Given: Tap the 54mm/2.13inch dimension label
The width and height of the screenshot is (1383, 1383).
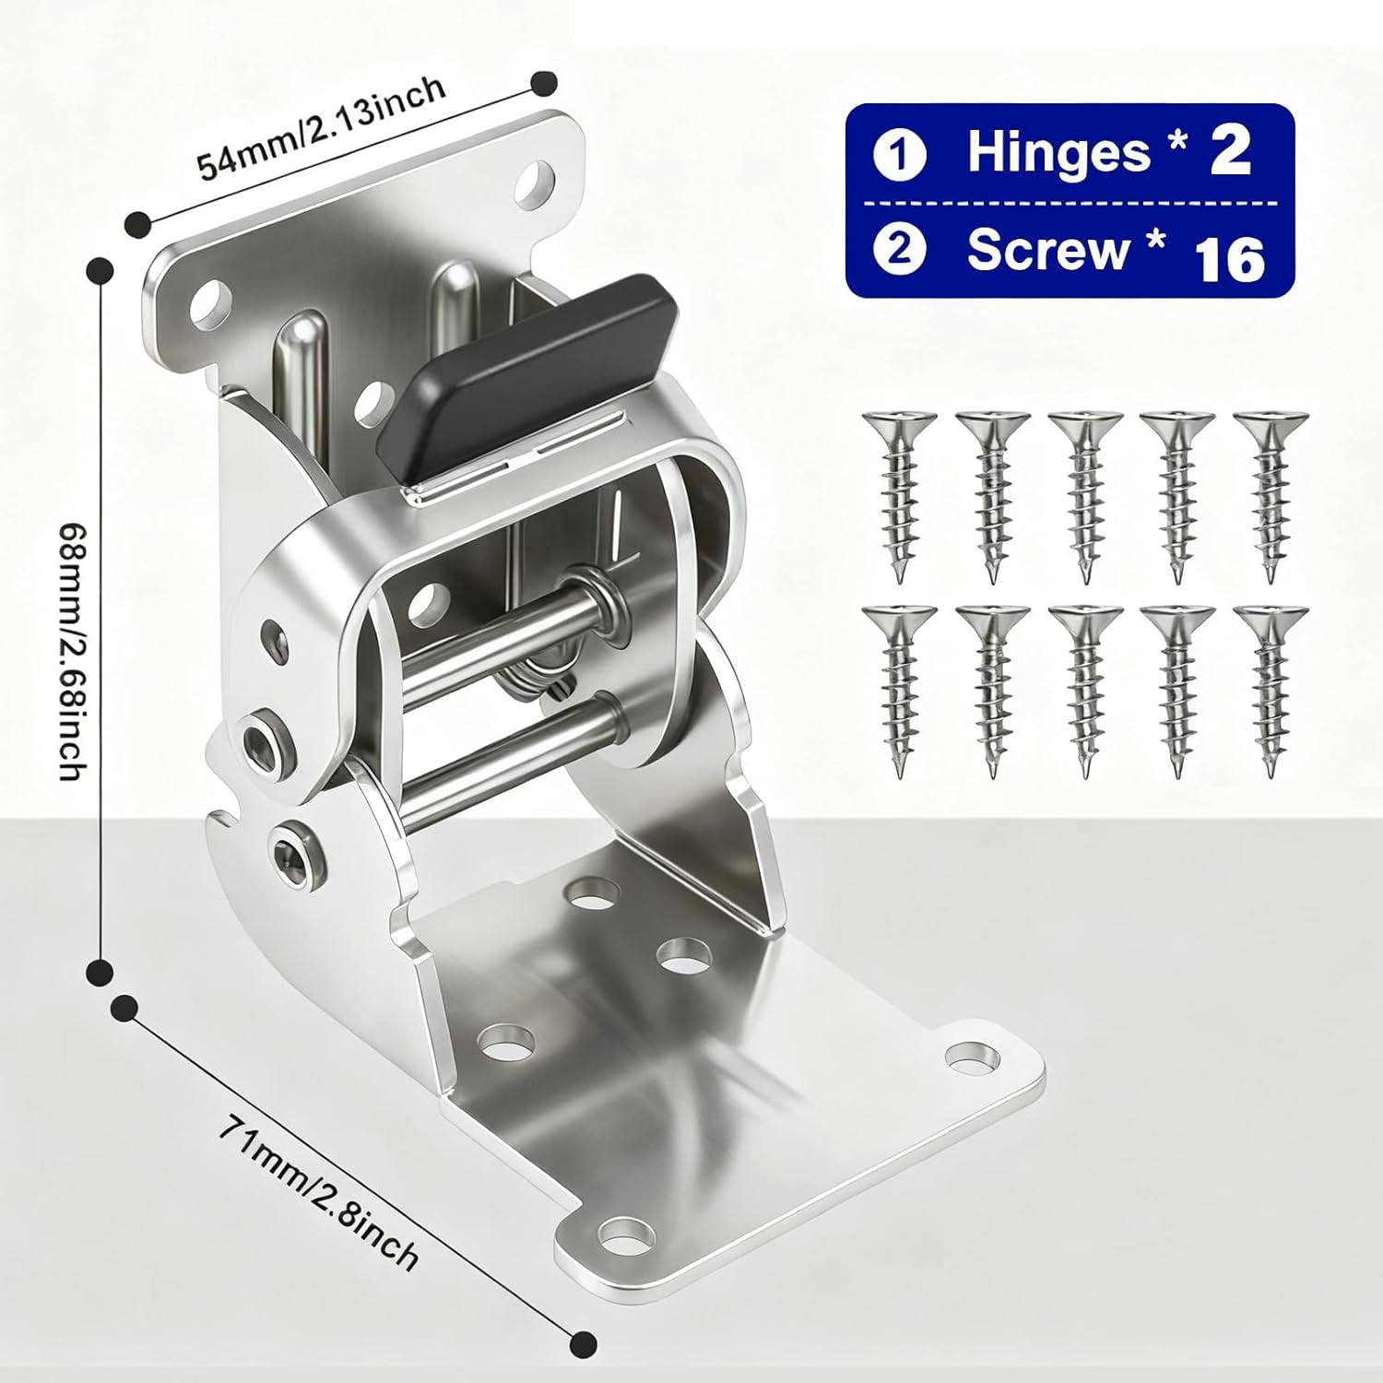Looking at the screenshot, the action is (322, 127).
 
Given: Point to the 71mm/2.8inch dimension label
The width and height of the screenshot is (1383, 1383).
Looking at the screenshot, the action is (318, 1192).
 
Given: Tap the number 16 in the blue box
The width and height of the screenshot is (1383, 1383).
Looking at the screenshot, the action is (1230, 259).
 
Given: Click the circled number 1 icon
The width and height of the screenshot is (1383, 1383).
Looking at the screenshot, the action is (899, 154).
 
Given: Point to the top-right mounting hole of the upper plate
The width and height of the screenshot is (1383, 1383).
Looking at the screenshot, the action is (536, 180).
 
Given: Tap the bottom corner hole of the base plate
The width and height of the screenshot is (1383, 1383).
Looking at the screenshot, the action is (627, 1233).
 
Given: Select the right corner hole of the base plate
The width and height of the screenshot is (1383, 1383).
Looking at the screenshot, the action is (970, 1057).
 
